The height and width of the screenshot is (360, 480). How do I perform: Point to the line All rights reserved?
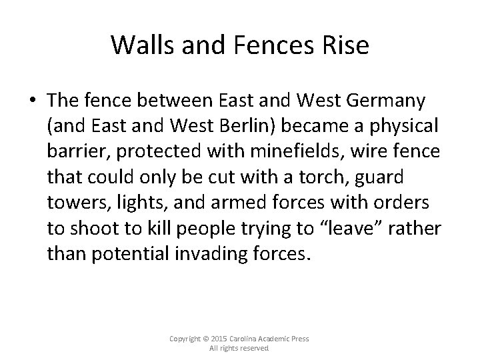239,348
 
